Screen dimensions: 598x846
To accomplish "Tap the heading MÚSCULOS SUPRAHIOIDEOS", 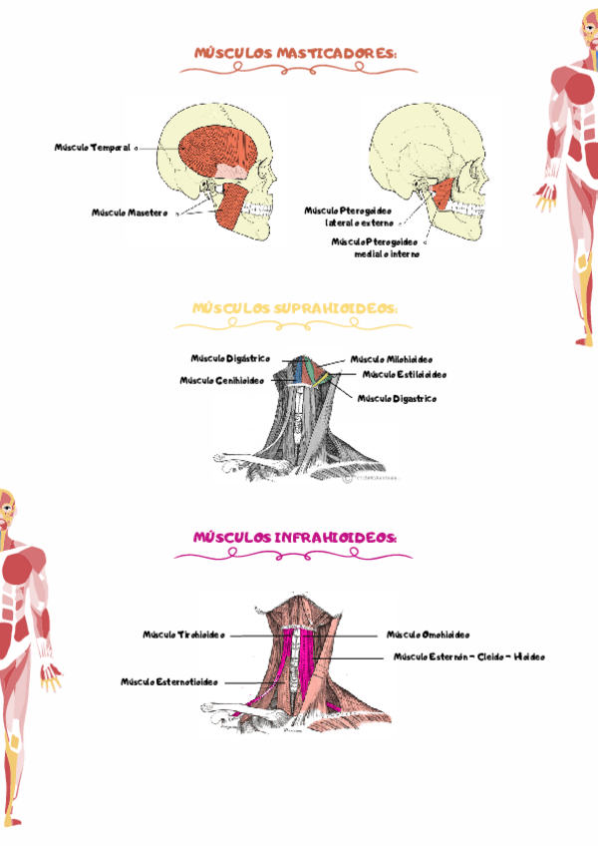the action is click(x=295, y=309).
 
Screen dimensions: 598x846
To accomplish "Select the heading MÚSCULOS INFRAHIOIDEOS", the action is click(x=295, y=539).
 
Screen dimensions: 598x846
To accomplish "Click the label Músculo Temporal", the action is click(x=93, y=148).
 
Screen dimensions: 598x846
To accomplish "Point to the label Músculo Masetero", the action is click(x=130, y=212).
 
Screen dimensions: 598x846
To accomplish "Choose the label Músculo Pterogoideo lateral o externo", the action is click(x=349, y=217).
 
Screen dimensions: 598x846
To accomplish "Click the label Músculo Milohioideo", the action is click(x=391, y=359).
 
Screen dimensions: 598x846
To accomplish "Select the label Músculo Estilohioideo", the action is click(x=404, y=375).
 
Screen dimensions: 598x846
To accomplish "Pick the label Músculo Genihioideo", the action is click(x=220, y=380).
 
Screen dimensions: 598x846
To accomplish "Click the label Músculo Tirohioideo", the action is click(x=183, y=634).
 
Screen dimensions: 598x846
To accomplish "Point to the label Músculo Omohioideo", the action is click(x=428, y=634).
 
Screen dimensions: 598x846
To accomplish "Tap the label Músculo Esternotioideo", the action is click(x=168, y=682).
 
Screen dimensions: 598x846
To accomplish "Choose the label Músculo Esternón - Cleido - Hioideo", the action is click(x=468, y=657).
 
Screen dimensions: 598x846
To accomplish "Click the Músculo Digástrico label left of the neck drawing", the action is click(x=230, y=358).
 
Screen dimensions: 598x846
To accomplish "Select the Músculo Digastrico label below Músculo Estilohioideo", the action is click(x=397, y=398).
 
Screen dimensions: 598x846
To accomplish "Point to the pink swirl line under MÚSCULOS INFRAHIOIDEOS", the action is click(x=295, y=554).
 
